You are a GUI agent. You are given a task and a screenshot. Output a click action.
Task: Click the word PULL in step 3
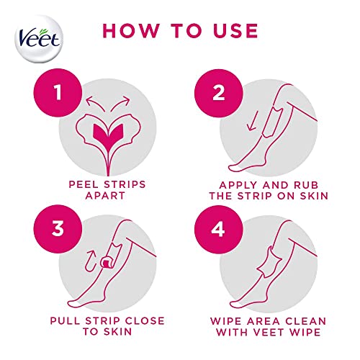point(64,320)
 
